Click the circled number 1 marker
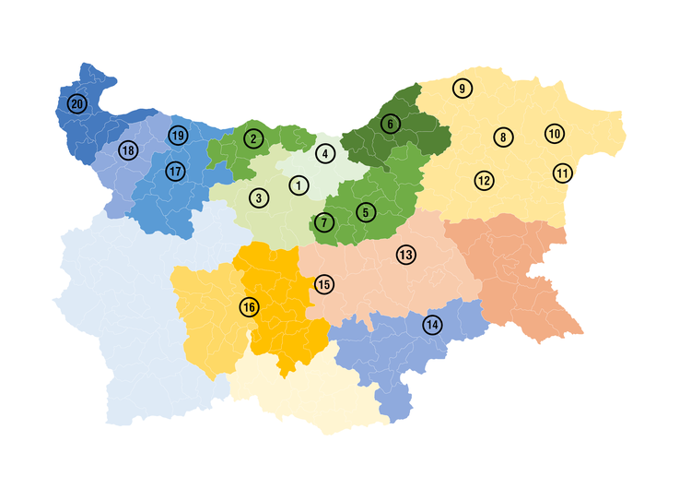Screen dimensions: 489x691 [x=298, y=185]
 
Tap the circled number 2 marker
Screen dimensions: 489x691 [x=252, y=138]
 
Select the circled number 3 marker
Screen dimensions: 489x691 [x=259, y=197]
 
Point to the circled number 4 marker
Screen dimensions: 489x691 [x=324, y=153]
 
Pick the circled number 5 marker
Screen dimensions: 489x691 [x=366, y=212]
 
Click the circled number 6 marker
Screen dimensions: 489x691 [x=390, y=123]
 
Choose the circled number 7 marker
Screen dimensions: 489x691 [x=323, y=222]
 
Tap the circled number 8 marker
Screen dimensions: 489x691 [x=502, y=137]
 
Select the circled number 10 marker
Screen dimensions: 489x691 [x=554, y=134]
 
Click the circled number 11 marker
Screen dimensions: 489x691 [x=563, y=173]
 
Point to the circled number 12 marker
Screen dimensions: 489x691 [x=484, y=180]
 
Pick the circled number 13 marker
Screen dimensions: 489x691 [x=405, y=254]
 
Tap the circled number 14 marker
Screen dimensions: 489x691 [x=432, y=325]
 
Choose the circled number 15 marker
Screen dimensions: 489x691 [x=323, y=284]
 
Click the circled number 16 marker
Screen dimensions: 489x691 [x=250, y=306]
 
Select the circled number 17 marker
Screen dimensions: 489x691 [x=175, y=171]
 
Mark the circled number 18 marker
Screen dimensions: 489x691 [x=127, y=150]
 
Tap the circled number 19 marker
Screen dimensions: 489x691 [x=178, y=137]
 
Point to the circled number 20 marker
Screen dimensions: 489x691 [x=77, y=104]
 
